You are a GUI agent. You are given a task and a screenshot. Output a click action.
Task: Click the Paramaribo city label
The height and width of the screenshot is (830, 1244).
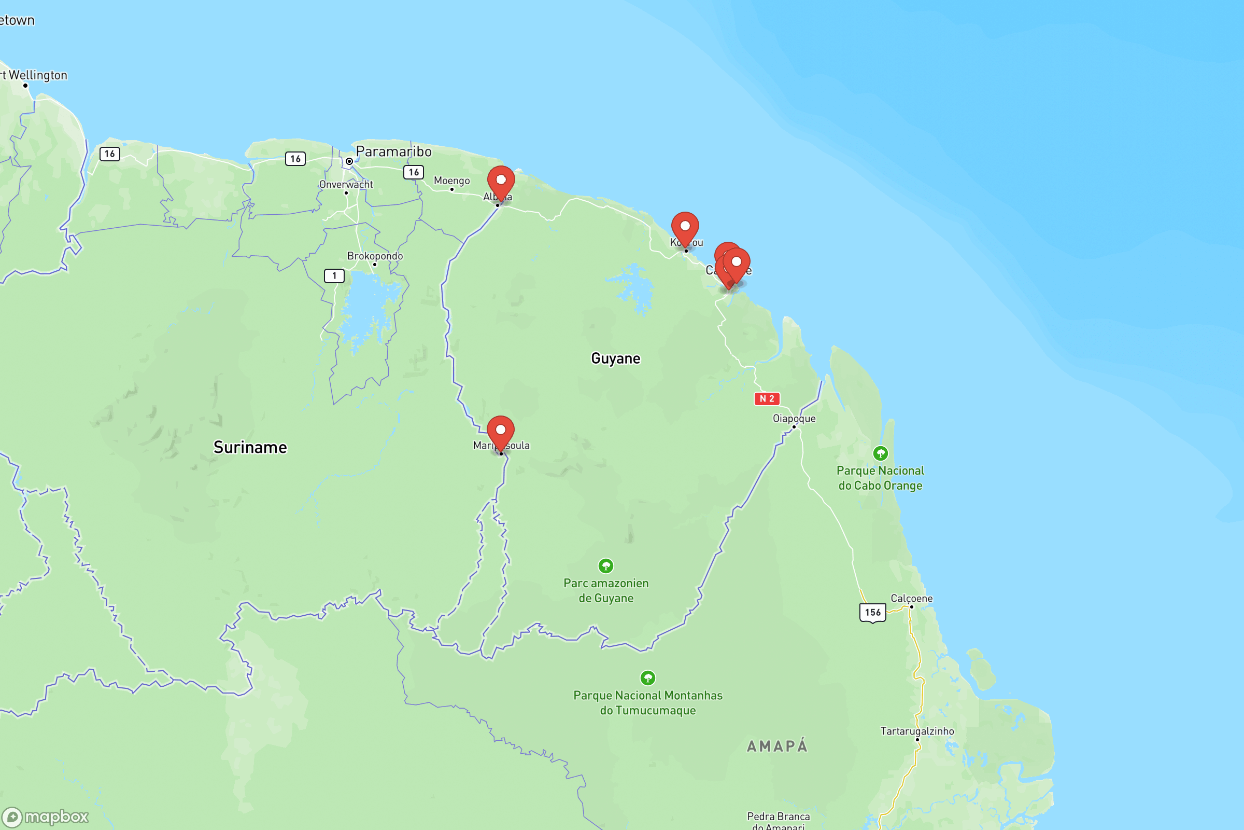tap(393, 152)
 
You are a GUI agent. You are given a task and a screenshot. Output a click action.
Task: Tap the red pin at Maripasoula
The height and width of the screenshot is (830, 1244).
tap(500, 432)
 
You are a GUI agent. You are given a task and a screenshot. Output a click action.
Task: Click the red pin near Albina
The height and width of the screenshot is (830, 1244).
tap(501, 181)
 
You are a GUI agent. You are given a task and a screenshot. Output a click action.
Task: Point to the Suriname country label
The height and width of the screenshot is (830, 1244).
tap(250, 448)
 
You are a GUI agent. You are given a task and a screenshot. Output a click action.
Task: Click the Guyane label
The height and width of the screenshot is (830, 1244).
tap(616, 359)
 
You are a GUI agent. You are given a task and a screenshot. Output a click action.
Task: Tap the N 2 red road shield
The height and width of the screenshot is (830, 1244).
tap(767, 399)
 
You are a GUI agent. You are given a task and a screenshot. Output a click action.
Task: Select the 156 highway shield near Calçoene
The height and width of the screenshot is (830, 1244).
tap(873, 613)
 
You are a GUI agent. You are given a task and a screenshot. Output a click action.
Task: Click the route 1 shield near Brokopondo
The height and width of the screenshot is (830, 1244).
tap(334, 276)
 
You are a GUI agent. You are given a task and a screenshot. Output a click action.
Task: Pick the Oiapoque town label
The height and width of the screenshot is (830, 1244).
tap(794, 419)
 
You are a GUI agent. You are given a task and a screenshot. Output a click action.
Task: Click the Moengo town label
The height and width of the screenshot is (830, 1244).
tap(451, 181)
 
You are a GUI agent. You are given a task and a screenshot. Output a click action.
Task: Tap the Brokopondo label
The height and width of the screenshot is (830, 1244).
tap(375, 256)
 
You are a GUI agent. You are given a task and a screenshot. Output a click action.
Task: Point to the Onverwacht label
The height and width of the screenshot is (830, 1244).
tap(346, 185)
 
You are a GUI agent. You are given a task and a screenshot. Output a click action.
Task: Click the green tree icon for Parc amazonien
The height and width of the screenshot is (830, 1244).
tap(605, 566)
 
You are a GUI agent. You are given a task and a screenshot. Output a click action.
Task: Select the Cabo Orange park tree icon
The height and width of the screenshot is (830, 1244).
tap(880, 453)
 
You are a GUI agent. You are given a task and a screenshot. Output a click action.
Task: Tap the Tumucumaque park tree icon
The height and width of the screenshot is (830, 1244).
tap(648, 678)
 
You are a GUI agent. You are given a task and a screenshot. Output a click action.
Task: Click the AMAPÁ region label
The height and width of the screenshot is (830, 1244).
tap(777, 746)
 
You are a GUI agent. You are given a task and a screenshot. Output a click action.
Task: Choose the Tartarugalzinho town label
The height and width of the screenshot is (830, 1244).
tap(917, 731)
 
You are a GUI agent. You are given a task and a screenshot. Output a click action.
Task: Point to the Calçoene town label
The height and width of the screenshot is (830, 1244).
tap(911, 599)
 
